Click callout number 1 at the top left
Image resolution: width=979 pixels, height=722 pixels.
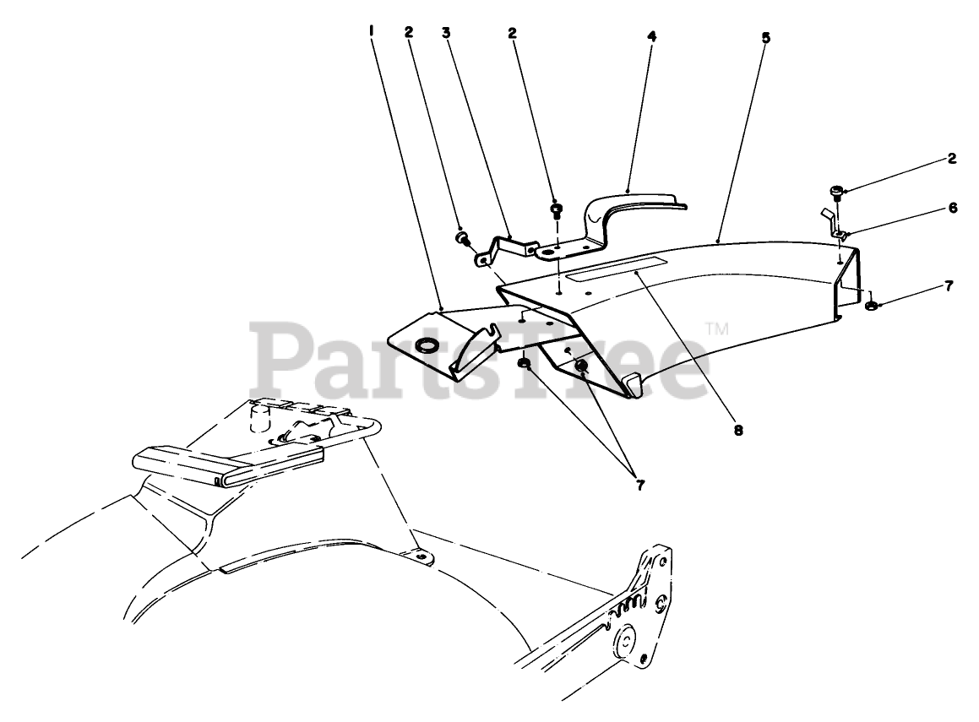tap(372, 31)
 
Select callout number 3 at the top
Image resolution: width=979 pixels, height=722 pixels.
tap(445, 33)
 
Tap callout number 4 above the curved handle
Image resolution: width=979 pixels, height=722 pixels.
tap(651, 36)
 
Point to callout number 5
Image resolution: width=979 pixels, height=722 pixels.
tap(765, 38)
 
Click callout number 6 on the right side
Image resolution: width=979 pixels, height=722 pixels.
tap(952, 207)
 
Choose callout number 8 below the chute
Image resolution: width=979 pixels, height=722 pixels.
tap(737, 430)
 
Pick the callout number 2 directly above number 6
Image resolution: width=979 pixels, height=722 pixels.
tap(952, 158)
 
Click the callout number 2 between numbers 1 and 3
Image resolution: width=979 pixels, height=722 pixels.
tap(409, 32)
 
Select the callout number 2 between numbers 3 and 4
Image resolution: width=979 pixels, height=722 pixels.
tap(512, 33)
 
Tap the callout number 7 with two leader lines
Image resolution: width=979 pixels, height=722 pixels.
tap(639, 486)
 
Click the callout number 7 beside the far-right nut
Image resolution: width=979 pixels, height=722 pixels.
tap(949, 286)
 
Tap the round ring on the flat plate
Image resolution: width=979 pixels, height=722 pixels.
tap(427, 345)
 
